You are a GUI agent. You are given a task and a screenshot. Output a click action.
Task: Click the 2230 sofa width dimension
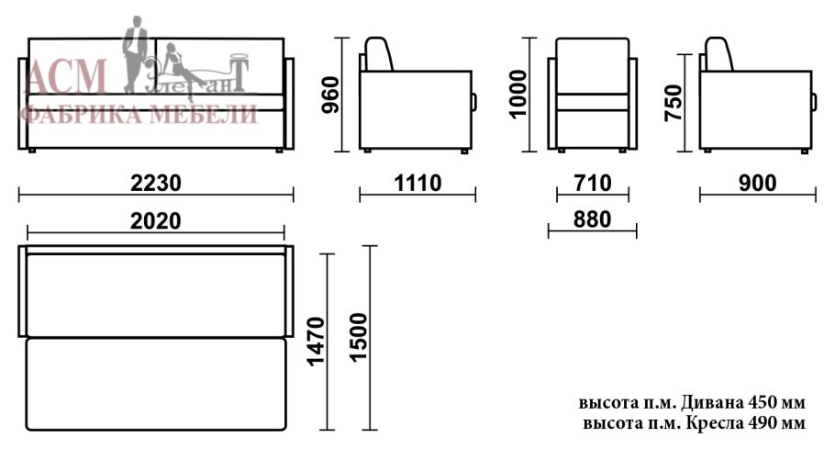156,183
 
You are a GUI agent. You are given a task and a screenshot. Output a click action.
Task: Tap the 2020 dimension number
155,220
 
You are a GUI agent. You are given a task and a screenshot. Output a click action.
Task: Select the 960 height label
330,95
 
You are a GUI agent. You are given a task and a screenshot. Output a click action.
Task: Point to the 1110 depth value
417,183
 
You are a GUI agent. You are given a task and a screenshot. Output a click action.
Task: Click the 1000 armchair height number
518,94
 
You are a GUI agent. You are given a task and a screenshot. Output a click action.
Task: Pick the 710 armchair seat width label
593,183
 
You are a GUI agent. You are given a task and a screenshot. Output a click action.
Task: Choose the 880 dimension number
592,219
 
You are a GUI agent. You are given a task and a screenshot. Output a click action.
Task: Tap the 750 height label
674,103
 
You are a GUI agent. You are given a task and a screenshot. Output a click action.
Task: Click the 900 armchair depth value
757,183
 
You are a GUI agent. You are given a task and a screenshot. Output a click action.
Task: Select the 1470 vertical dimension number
316,342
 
